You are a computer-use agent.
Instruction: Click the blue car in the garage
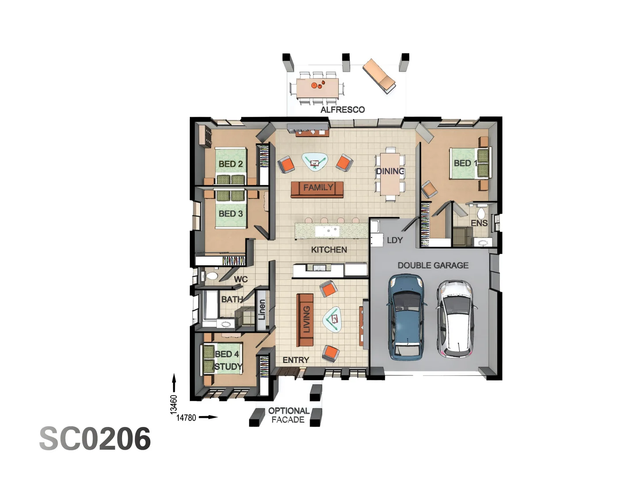406,316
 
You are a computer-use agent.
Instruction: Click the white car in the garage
455,319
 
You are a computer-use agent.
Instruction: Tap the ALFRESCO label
342,110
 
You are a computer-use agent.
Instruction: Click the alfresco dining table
317,88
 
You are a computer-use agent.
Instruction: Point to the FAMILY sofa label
318,188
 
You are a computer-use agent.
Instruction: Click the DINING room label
390,171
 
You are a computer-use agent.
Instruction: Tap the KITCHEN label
329,250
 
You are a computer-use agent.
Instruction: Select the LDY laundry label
395,240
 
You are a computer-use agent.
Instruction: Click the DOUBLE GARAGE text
433,266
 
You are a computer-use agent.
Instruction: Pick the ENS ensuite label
479,224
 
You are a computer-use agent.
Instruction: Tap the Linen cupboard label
261,310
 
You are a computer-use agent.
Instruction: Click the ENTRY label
295,360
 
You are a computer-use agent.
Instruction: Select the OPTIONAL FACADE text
288,415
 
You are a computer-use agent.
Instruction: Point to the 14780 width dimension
186,418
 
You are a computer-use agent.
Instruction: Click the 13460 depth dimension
174,404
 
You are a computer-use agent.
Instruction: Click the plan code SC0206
95,439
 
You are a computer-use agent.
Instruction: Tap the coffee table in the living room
333,319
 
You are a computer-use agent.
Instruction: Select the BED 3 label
230,214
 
